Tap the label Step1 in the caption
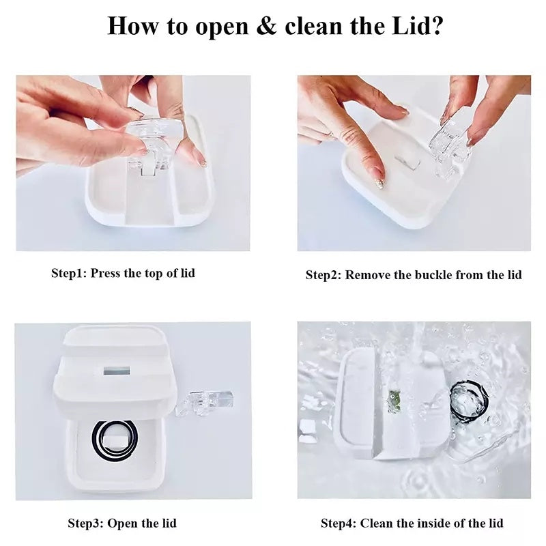68,273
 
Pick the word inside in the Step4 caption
435,523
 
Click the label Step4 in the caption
338,523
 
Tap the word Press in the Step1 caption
106,273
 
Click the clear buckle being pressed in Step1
156,140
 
